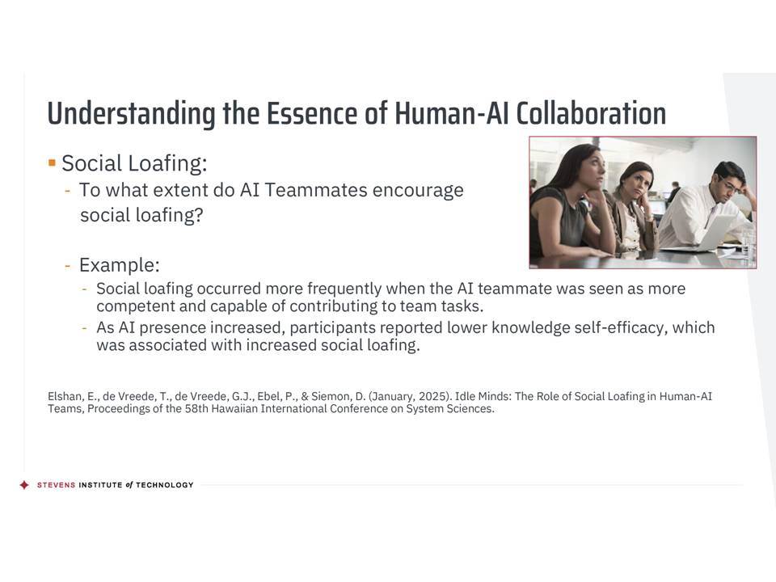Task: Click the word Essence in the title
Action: click(x=311, y=113)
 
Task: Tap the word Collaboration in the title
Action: click(x=591, y=113)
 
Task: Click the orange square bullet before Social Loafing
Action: click(x=52, y=162)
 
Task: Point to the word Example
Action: click(x=120, y=265)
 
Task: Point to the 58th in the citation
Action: click(x=196, y=409)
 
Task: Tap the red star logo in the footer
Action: click(x=24, y=485)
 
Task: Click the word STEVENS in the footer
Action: click(x=56, y=485)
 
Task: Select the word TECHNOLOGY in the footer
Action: click(x=164, y=485)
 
